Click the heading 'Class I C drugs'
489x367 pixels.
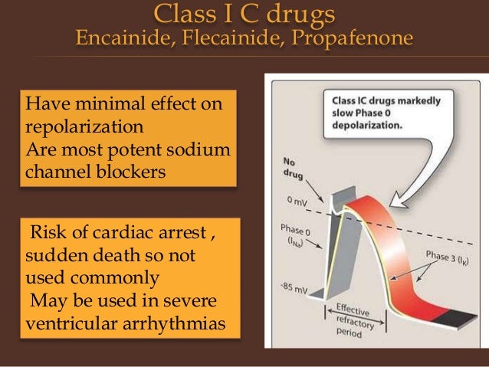click(244, 14)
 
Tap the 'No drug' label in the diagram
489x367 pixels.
click(291, 164)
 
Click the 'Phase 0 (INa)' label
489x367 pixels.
click(297, 234)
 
